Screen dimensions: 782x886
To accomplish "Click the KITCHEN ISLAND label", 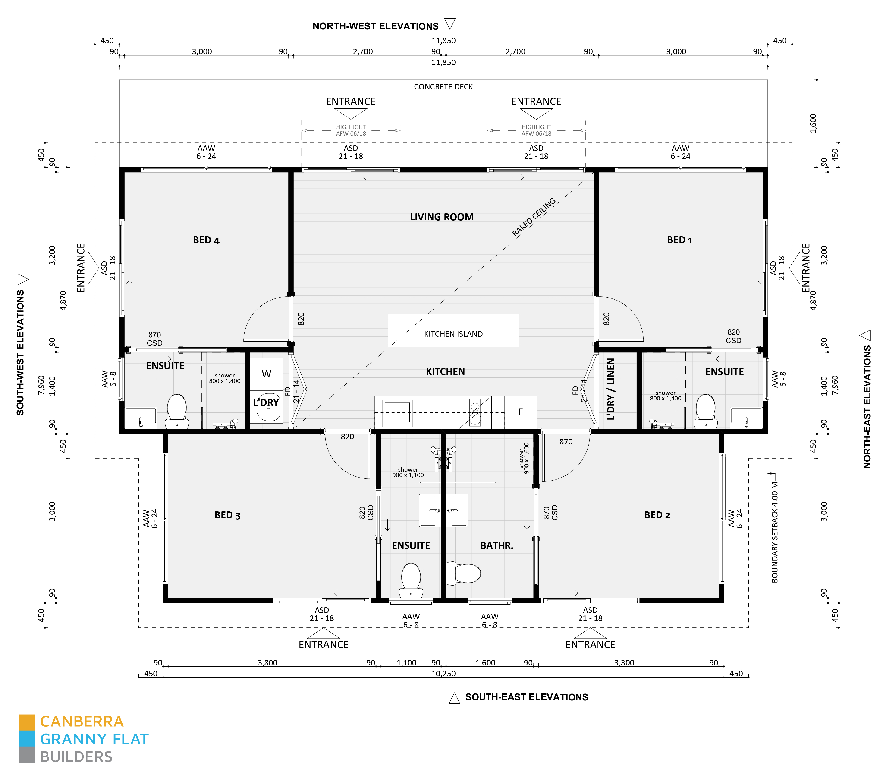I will click(453, 334).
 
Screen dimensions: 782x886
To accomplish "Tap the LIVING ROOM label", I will click(442, 217).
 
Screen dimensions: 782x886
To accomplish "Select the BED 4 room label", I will click(206, 240).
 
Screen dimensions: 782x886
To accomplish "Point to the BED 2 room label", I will click(657, 515).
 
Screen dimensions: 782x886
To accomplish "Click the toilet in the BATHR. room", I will click(465, 573).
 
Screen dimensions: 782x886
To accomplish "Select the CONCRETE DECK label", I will click(443, 87).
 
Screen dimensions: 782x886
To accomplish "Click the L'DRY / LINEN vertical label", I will click(611, 389).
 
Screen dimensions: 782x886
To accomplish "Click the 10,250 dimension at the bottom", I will click(443, 674).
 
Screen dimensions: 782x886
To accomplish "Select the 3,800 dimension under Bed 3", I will click(267, 663).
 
